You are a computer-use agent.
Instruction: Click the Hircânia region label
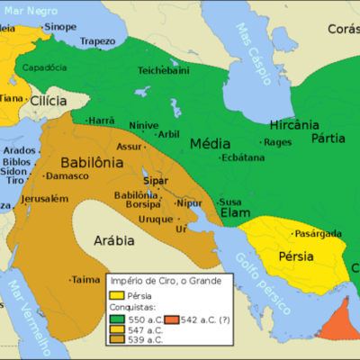point(290,126)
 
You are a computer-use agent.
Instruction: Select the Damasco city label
point(68,175)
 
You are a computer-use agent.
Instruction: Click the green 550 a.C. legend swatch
point(117,318)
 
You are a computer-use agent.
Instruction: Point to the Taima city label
point(85,279)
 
